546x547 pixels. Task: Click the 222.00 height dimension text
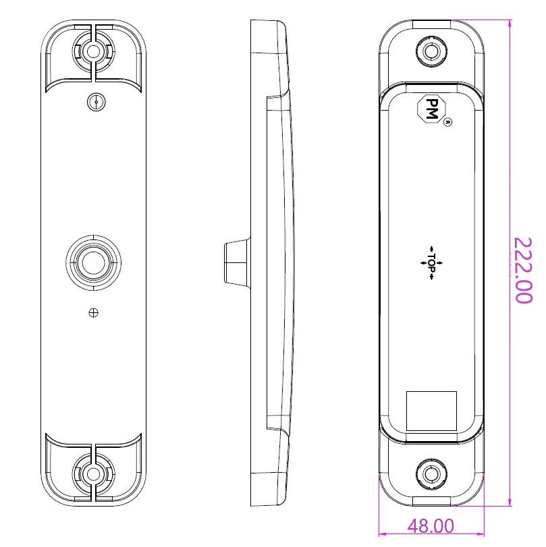524,270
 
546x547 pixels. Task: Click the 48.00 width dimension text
431,526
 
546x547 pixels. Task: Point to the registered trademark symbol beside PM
447,123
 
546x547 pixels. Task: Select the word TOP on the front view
432,262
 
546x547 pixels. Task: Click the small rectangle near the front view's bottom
431,410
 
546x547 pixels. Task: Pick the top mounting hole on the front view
431,51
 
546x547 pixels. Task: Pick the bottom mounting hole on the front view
431,474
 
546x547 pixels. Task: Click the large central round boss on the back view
94,262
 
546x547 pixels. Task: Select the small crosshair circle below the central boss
94,312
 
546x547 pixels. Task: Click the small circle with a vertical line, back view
97,102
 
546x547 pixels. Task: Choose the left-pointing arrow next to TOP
421,262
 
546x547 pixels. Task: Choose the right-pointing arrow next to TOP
442,262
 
